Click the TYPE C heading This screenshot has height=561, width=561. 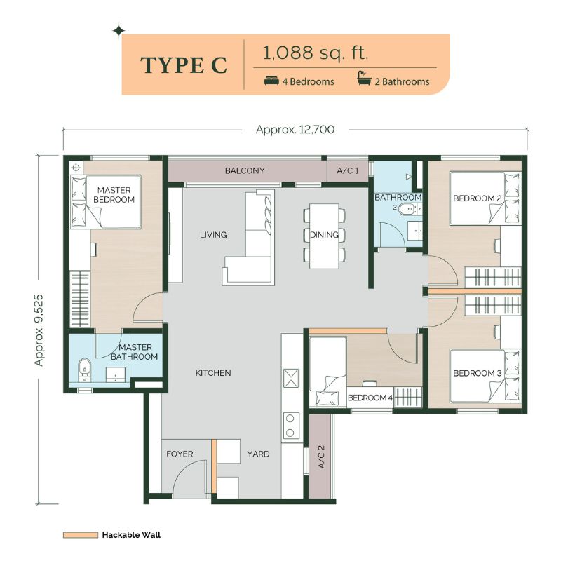tap(184, 65)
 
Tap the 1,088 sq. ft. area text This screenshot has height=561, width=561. tap(315, 53)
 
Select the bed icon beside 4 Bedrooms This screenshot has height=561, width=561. tap(271, 81)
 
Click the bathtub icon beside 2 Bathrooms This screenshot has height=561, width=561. tap(363, 79)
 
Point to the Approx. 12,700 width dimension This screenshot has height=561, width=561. tap(295, 130)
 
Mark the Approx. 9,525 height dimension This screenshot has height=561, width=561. tap(39, 330)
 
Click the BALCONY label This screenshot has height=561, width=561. tap(245, 170)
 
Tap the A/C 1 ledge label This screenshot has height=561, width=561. tap(347, 170)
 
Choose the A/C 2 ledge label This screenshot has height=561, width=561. tap(321, 457)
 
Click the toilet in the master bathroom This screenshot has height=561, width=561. tap(84, 368)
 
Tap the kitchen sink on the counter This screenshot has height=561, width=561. tap(291, 379)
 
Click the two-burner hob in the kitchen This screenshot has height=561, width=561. tap(290, 426)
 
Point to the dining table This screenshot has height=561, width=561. tap(324, 236)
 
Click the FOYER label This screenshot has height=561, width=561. tap(180, 454)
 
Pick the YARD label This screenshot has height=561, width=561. tap(258, 454)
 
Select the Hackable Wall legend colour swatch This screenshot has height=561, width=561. tap(81, 535)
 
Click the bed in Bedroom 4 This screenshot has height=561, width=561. tap(327, 371)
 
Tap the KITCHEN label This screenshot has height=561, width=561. tap(213, 373)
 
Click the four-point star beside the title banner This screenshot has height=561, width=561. tap(119, 31)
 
